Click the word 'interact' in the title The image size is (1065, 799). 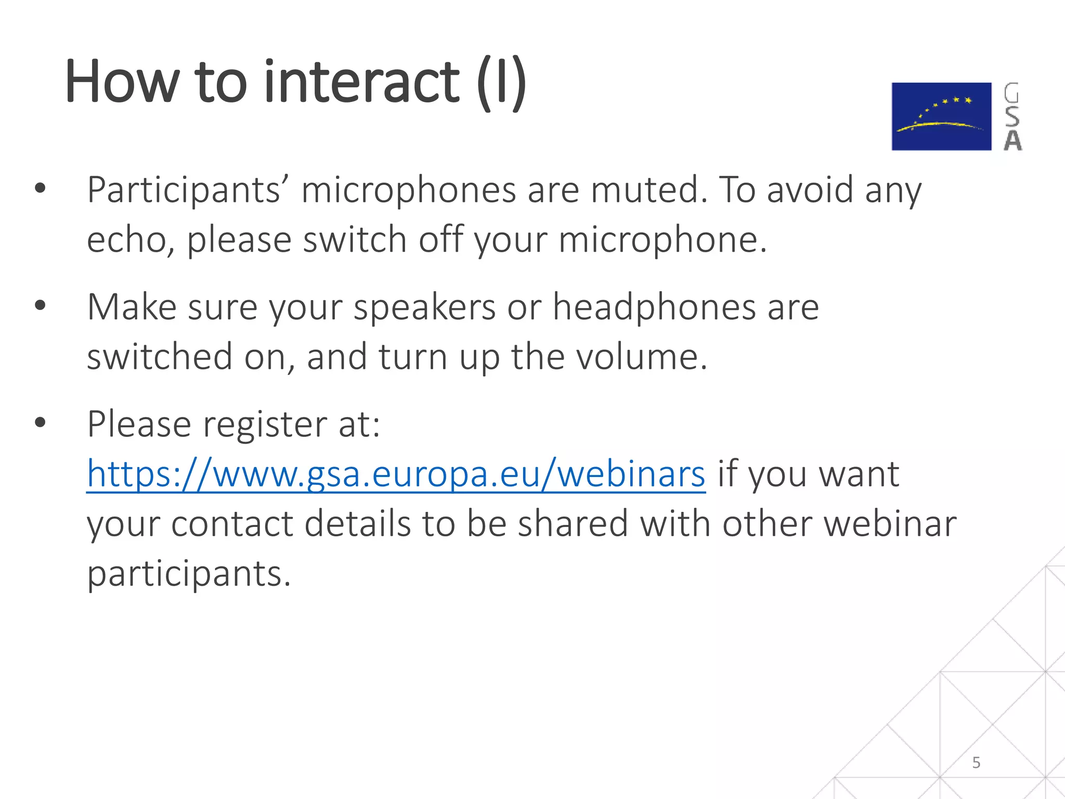point(361,82)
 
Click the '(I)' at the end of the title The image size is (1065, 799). point(501,83)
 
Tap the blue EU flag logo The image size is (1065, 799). point(941,117)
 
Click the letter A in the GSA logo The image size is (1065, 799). point(1012,140)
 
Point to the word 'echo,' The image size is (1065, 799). point(131,240)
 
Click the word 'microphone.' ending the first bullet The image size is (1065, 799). point(663,240)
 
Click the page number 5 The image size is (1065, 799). point(976,763)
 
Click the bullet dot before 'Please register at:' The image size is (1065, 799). point(40,422)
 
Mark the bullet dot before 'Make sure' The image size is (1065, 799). point(40,305)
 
